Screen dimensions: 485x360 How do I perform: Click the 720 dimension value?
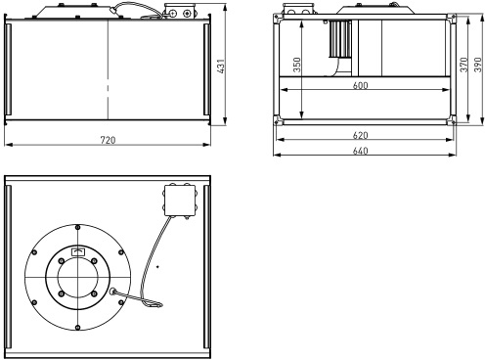tap(108, 140)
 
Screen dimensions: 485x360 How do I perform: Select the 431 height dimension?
tap(221, 66)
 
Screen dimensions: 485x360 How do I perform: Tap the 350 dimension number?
tap(297, 65)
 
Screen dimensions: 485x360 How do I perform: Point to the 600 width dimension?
tap(360, 85)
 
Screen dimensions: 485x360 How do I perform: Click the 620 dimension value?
tap(360, 135)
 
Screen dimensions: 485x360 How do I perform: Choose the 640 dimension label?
tap(360, 151)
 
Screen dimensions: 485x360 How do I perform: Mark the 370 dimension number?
tap(463, 65)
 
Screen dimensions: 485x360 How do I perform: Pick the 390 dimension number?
tap(477, 65)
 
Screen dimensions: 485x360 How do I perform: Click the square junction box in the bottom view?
tap(180, 201)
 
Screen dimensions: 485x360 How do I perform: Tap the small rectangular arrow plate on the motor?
tap(77, 251)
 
